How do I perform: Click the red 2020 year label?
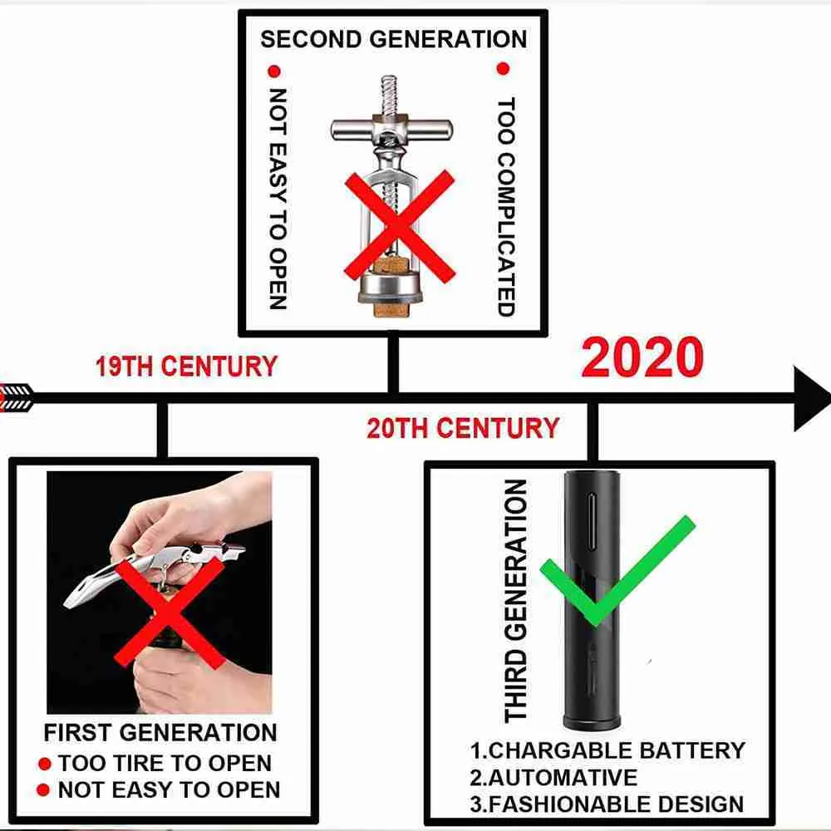click(x=642, y=356)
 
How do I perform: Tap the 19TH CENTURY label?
click(x=186, y=366)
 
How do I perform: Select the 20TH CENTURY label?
click(x=463, y=428)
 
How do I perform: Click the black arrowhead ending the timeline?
click(x=811, y=397)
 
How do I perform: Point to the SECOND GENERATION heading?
click(x=394, y=39)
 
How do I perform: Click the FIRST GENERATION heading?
click(x=160, y=732)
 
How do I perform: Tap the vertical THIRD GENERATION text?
click(x=516, y=601)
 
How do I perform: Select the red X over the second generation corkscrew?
click(x=400, y=226)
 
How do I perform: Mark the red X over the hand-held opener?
click(x=169, y=612)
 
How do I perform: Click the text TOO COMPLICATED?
click(x=506, y=207)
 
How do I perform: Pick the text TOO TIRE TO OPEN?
click(x=165, y=763)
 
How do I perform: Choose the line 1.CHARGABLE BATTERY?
click(x=607, y=750)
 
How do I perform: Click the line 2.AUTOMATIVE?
click(x=553, y=778)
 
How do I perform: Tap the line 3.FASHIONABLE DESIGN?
click(x=607, y=804)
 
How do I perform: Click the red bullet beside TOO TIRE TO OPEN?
click(x=45, y=764)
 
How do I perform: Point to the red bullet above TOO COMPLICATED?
click(x=503, y=68)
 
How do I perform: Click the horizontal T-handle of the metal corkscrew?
click(x=391, y=129)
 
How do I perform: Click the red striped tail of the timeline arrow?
click(x=16, y=397)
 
